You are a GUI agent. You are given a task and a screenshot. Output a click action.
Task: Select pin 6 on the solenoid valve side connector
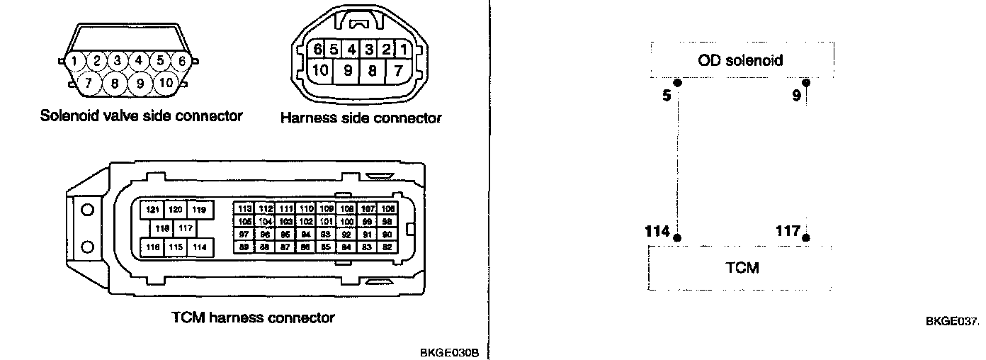point(182,61)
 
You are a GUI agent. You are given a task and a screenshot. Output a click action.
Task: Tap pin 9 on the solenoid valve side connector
point(140,84)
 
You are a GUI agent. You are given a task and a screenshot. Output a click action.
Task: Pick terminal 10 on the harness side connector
point(321,70)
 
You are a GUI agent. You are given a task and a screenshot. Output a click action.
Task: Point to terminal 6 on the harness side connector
point(317,50)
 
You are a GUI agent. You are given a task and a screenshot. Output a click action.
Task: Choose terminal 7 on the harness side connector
point(398,70)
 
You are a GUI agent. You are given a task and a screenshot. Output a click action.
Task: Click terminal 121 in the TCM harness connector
point(152,210)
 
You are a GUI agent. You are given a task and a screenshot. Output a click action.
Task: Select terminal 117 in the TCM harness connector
point(186,228)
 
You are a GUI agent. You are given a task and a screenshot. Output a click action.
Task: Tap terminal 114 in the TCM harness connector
point(200,247)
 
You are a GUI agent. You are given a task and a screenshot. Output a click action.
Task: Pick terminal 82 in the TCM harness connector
point(387,247)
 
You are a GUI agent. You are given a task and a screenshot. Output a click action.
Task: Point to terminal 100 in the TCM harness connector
point(347,222)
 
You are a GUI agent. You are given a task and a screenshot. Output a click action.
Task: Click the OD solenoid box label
point(740,60)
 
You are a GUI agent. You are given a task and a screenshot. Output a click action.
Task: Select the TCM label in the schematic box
point(742,268)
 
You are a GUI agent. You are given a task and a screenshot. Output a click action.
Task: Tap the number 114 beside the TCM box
point(658,231)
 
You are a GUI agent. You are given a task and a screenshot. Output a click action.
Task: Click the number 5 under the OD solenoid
point(667,95)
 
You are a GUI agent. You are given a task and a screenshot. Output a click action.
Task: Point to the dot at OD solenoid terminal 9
point(805,82)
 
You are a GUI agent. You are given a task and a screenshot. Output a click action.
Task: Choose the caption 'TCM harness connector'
point(253,317)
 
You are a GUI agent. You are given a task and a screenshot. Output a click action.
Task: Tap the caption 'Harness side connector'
point(361,118)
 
